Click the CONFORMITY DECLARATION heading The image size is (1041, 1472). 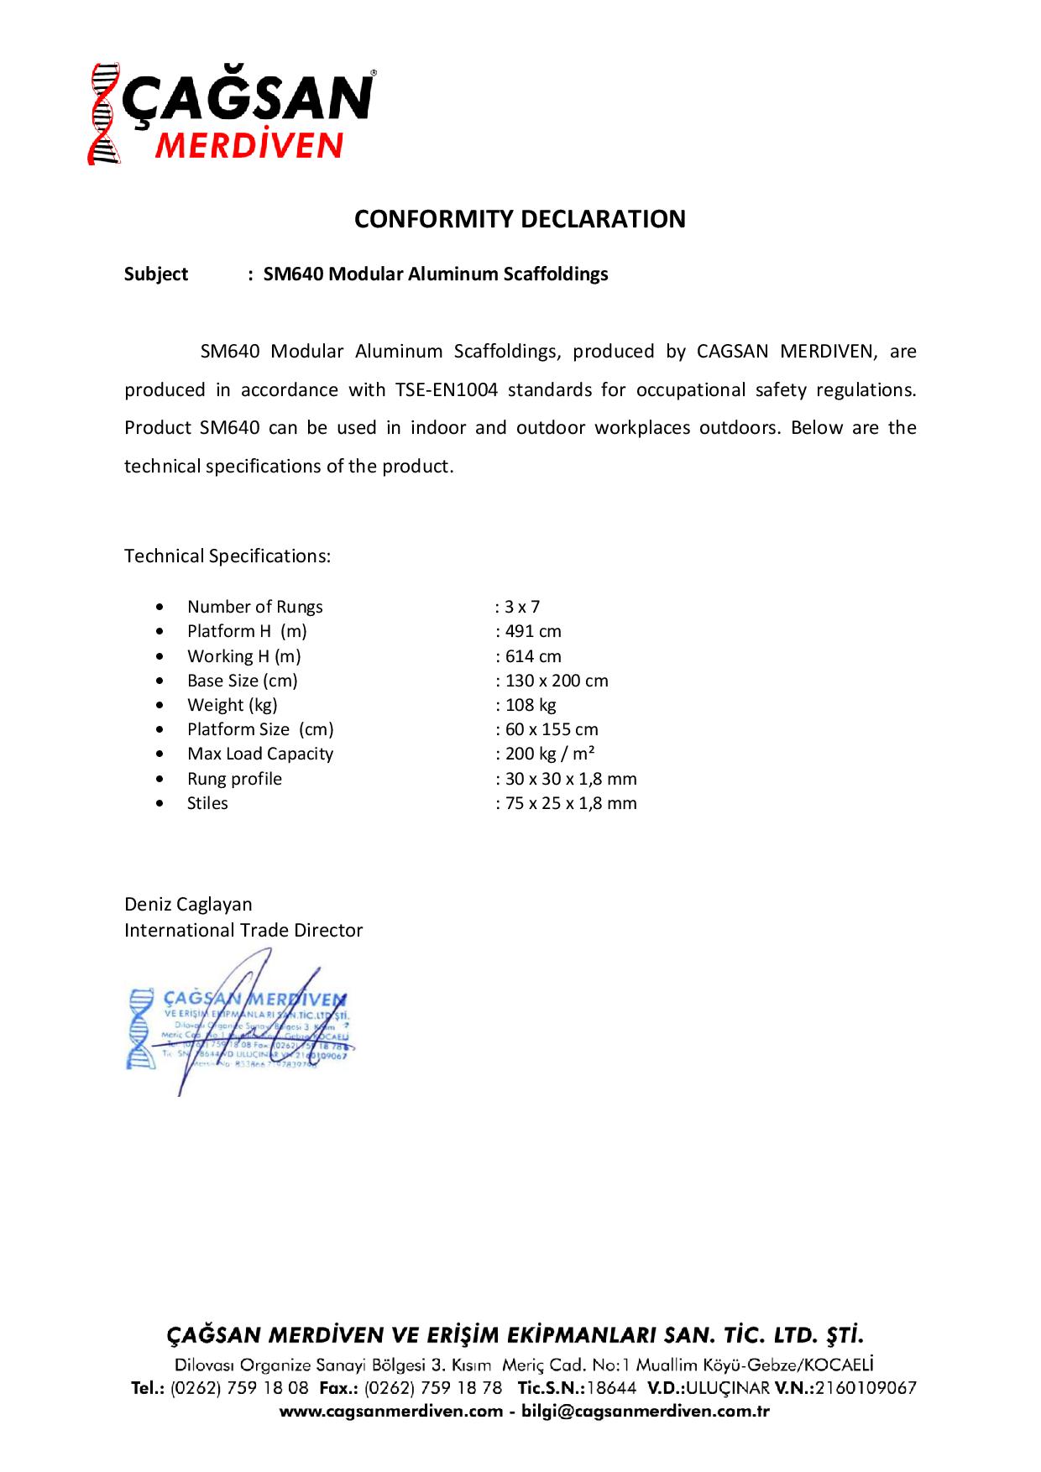[520, 219]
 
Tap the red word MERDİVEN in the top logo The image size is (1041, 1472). [249, 145]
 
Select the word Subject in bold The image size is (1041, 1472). [156, 274]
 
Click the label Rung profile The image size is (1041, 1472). [234, 779]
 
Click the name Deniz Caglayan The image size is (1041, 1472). [188, 904]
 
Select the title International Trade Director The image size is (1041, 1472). [243, 930]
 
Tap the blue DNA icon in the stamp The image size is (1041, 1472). [142, 1028]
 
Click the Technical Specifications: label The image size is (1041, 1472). [228, 556]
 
